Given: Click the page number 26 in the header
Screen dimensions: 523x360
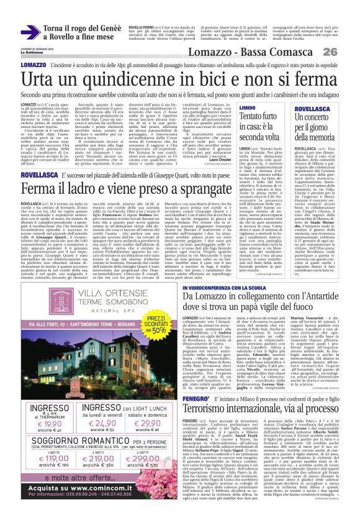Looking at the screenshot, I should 347,52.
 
